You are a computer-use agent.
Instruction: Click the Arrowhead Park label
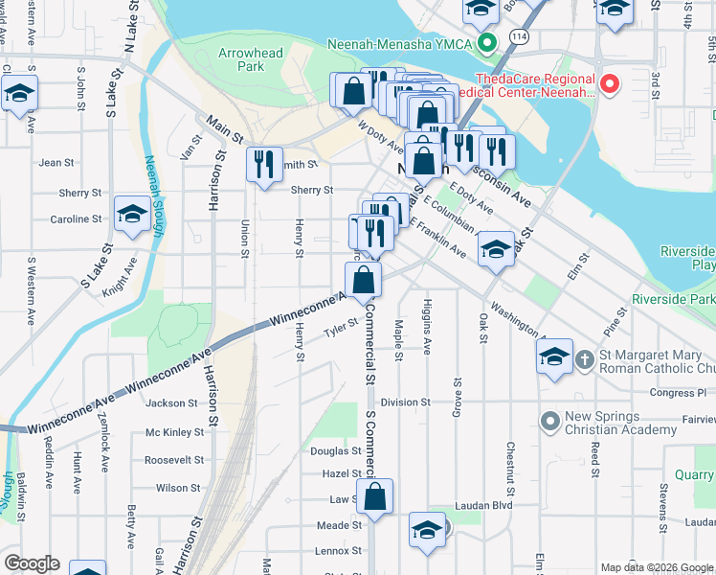point(250,60)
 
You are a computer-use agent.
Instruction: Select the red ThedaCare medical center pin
point(609,85)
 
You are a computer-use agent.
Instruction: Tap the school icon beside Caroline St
point(131,215)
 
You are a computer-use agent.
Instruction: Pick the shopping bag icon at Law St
point(375,496)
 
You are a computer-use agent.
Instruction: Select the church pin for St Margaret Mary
point(584,359)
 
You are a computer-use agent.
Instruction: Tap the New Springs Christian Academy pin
point(549,421)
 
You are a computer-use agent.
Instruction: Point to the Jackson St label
point(172,403)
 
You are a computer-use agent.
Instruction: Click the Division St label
point(405,402)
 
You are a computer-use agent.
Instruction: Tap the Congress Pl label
point(677,393)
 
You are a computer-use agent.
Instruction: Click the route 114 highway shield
point(518,35)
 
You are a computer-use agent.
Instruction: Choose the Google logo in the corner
point(32,563)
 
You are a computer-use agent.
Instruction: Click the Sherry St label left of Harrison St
point(80,193)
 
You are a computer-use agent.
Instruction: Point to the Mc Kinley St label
point(175,432)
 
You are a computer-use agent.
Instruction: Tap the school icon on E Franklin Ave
point(495,249)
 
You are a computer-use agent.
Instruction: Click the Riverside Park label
point(687,300)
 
